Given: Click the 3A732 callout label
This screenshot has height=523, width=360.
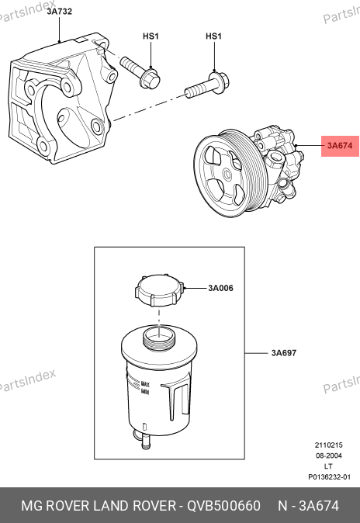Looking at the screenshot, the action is coord(60,12).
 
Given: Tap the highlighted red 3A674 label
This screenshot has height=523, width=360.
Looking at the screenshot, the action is coord(340,146).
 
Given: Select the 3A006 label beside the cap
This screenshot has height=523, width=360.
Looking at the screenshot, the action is coord(220,288).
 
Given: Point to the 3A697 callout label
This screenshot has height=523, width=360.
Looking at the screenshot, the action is coord(284,353).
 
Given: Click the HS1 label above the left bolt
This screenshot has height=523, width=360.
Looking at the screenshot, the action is coord(151,36).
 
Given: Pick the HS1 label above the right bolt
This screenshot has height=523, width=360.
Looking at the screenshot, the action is coord(213,36).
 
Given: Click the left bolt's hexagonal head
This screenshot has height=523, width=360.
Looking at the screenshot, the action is coord(151,79).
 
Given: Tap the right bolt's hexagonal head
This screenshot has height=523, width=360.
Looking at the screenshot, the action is coord(220,81).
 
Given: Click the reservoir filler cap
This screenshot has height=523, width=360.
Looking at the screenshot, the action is coord(160,290).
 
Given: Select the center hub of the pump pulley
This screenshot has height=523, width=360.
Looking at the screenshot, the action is coord(227,175).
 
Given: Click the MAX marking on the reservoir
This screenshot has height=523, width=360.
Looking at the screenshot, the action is coord(145,384).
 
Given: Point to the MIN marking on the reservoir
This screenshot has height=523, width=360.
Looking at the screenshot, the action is coord(145,392).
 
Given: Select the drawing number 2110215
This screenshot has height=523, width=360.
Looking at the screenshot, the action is coord(329,445).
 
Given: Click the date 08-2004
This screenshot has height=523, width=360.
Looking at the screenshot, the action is coord(329,455).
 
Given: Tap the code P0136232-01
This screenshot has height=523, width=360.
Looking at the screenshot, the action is coord(329,477).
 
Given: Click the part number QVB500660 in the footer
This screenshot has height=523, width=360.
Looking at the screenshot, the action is coord(223,506).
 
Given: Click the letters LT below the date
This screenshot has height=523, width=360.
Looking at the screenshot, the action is coord(328,466).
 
